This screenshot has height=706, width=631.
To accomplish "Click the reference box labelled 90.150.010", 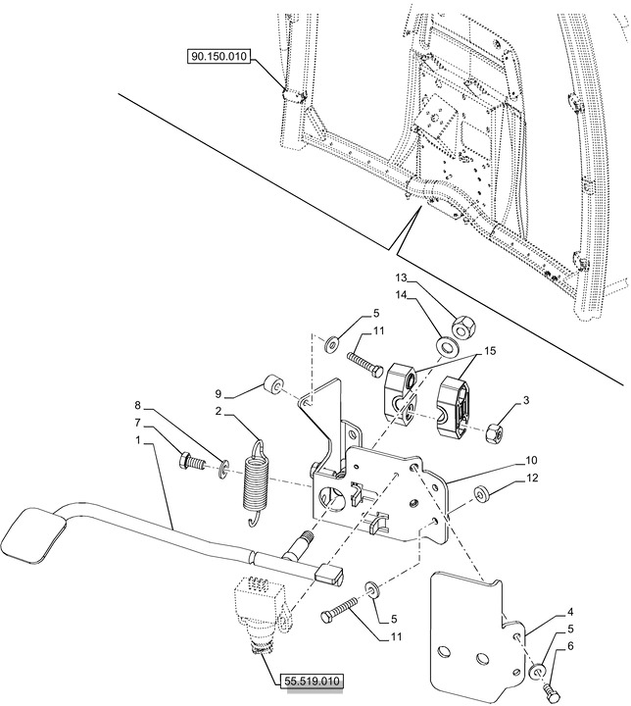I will pyautogui.click(x=218, y=58).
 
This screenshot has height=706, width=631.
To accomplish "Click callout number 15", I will pyautogui.click(x=489, y=350).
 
